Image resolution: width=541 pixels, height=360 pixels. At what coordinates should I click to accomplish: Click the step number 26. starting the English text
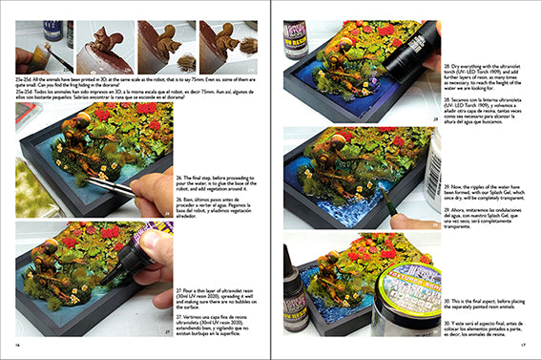[179, 177]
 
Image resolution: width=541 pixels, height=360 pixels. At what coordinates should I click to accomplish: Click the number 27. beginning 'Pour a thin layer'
[179, 288]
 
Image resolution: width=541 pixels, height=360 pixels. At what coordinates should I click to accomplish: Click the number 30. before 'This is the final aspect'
[447, 301]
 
